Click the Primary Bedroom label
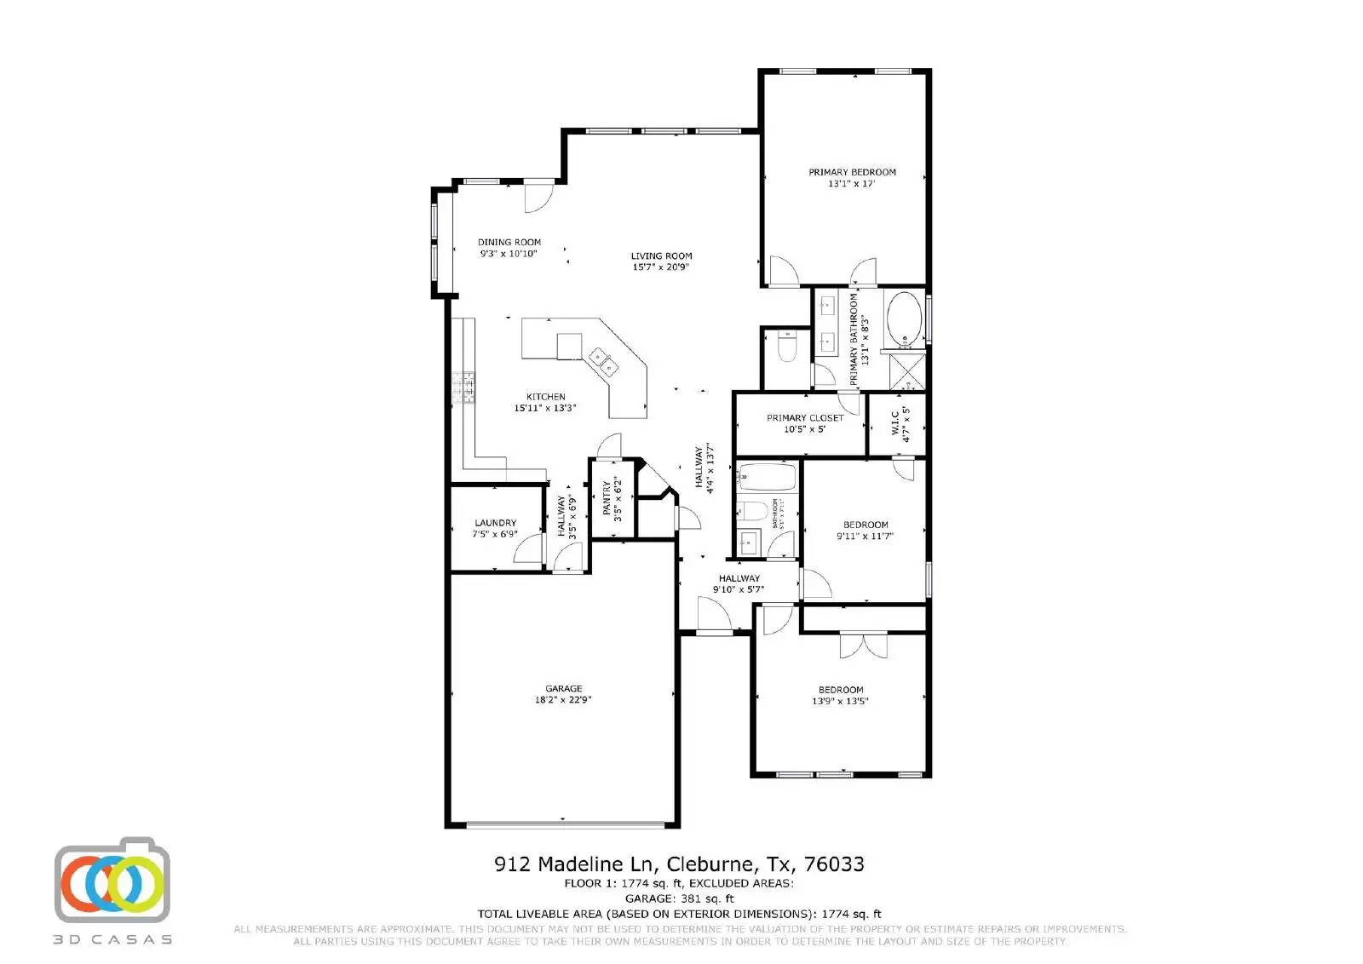click(x=852, y=172)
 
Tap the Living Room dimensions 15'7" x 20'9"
click(x=661, y=267)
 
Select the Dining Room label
click(x=509, y=242)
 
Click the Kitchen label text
click(x=545, y=397)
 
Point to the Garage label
click(x=563, y=688)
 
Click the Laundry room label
click(x=495, y=523)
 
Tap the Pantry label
click(x=607, y=499)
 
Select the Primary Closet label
click(x=804, y=418)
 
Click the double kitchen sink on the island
click(x=604, y=361)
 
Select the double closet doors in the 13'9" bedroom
click(x=863, y=645)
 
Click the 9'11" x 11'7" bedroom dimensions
click(x=865, y=537)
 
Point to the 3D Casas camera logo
click(x=112, y=881)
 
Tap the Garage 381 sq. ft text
click(x=679, y=898)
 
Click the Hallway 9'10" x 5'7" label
click(x=739, y=578)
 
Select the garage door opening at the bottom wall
click(x=565, y=823)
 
